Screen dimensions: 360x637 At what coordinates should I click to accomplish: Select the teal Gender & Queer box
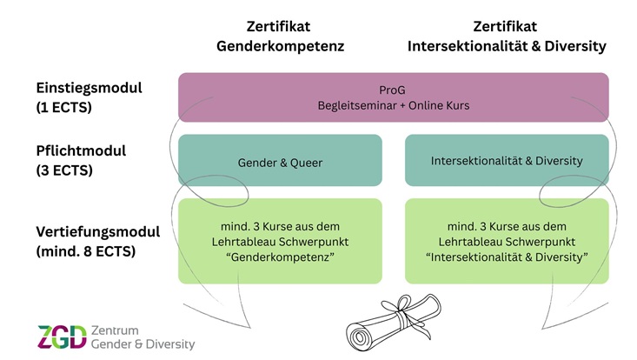tap(280, 161)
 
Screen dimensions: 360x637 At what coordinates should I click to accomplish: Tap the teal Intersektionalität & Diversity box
tap(507, 161)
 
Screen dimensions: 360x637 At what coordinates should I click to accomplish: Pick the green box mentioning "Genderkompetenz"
tap(280, 242)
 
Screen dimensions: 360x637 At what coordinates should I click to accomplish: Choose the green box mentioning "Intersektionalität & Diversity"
tap(507, 242)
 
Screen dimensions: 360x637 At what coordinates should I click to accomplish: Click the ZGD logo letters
tap(62, 337)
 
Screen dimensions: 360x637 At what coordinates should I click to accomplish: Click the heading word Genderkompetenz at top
tap(280, 46)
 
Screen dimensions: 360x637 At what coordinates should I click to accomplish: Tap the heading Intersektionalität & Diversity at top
tap(506, 46)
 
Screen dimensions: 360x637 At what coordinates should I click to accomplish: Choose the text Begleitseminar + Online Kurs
tap(393, 105)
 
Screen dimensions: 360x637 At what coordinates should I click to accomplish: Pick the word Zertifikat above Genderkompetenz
tap(280, 26)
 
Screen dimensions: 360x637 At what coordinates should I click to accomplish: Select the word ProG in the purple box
tap(393, 90)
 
